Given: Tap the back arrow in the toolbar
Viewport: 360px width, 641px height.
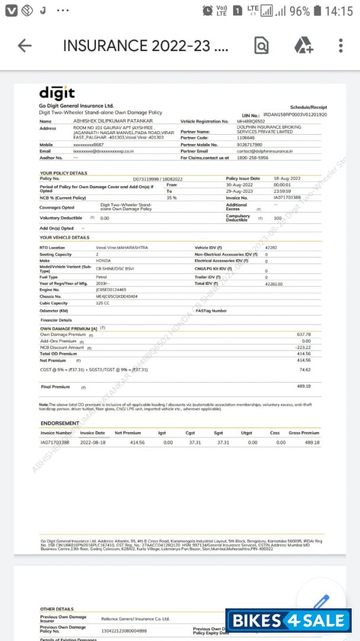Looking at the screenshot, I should pos(24,46).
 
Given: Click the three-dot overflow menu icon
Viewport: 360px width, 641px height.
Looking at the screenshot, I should pos(340,46).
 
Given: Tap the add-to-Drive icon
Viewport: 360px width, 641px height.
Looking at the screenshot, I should pos(303,46).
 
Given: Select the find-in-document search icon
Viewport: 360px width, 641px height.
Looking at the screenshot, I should pos(261,46).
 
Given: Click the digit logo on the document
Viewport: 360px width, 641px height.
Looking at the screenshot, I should pos(57,93).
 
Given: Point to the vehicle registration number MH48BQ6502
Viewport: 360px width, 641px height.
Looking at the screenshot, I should pos(251,121).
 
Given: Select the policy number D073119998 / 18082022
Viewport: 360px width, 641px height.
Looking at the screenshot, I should pos(157,179).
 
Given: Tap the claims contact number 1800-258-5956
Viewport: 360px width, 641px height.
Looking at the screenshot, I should pos(252,158).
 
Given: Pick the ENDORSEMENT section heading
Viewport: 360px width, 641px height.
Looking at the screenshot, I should pos(59,423).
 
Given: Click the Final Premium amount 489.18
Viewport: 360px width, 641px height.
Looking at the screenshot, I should pos(304,386).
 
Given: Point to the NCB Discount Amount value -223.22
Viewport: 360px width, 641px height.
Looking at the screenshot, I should pos(302,347).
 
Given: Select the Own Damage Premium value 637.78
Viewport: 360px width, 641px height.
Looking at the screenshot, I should pos(304,334).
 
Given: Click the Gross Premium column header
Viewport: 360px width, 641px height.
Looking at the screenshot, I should pos(304,433).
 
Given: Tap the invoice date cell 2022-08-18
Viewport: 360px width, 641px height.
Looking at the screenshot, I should pos(93,442).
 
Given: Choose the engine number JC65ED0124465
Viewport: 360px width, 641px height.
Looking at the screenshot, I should pos(111,289).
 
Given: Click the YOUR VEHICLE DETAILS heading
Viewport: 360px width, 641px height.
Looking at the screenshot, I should pos(64,237).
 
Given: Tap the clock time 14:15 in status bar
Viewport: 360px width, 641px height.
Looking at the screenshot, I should pos(339,11).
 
